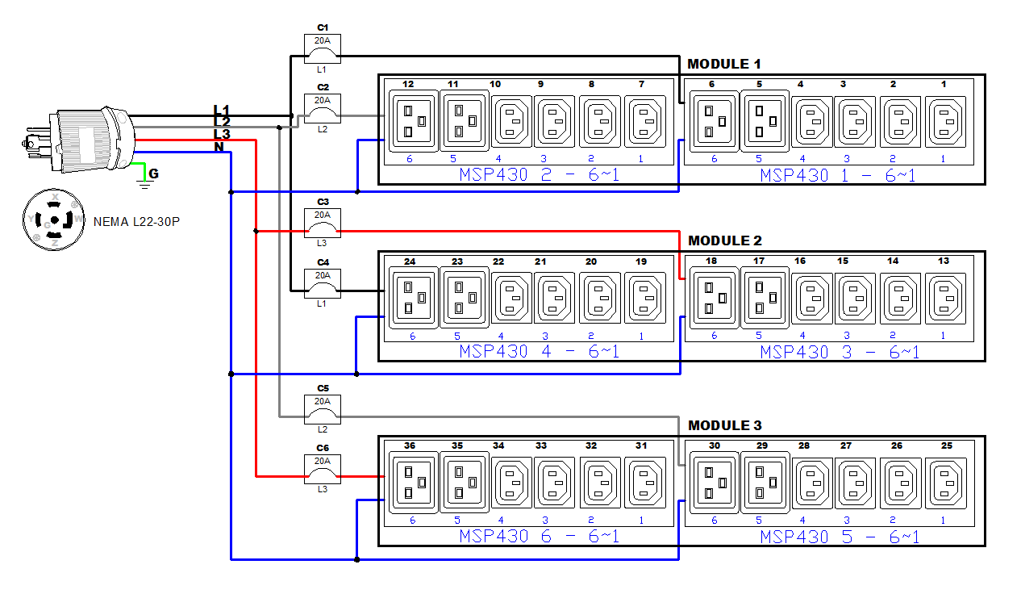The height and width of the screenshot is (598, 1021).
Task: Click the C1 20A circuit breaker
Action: (322, 49)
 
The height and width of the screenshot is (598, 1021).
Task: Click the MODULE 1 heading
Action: (723, 64)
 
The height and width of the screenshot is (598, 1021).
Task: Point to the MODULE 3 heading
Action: (724, 425)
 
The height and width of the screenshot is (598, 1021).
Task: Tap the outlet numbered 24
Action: (414, 298)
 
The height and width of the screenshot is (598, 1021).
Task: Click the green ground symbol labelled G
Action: (146, 178)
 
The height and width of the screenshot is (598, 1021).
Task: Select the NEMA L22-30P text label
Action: (136, 221)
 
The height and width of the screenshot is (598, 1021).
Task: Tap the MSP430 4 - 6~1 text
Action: (539, 352)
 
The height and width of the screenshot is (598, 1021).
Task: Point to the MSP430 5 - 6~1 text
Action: (840, 537)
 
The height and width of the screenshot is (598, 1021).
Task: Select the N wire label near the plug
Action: (219, 147)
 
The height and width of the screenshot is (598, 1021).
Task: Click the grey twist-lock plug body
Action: (89, 139)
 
